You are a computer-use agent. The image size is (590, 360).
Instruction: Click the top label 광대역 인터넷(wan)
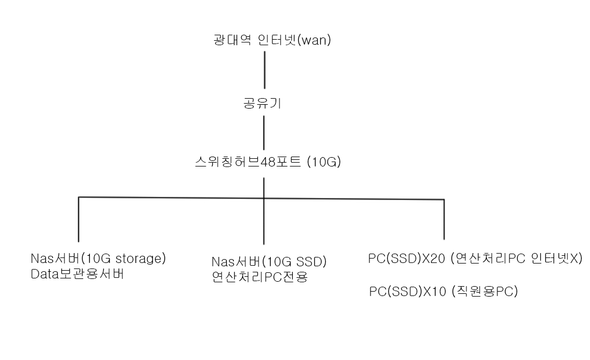tap(272, 40)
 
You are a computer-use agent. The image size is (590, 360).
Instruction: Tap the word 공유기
tap(262, 103)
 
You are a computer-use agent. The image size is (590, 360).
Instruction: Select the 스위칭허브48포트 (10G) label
tap(268, 162)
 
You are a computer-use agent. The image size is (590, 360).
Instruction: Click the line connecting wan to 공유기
tap(265, 70)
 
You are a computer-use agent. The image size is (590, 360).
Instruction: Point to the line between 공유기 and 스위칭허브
tap(264, 133)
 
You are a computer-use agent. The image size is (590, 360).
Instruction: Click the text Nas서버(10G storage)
tap(98, 259)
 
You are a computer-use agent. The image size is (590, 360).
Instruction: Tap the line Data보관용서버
tap(77, 274)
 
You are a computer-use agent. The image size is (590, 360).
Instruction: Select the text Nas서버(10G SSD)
tap(269, 261)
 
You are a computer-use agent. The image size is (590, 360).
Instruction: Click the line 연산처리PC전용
tap(260, 277)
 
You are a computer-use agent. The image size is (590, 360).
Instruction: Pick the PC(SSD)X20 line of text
tap(475, 259)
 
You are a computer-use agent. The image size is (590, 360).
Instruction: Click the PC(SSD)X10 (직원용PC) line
tap(444, 291)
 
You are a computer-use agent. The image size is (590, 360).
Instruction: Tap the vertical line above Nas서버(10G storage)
tap(79, 219)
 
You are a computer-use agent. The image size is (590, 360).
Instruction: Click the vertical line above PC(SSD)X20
tap(444, 219)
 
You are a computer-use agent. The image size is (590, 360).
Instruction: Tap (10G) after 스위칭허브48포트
tap(324, 162)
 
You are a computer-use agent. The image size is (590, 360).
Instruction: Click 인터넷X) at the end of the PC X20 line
tap(557, 259)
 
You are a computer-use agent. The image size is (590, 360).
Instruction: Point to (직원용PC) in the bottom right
tap(484, 291)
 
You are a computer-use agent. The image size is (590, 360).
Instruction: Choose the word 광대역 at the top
tap(232, 40)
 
